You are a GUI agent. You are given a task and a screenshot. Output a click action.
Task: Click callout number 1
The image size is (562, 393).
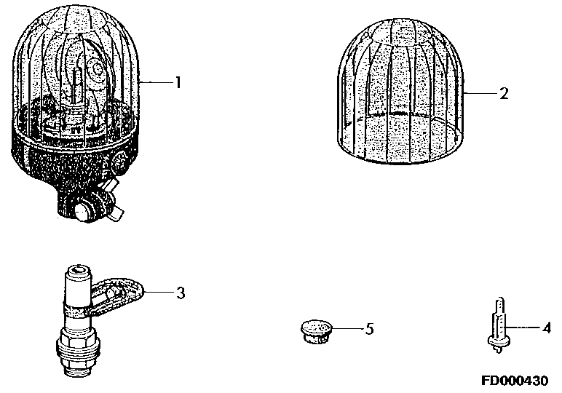(178, 83)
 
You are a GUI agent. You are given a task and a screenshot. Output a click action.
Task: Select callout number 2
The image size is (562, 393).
(504, 93)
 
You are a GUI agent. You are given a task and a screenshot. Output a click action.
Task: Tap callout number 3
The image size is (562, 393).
(181, 293)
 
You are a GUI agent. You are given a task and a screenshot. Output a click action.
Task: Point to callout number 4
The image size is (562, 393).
(546, 327)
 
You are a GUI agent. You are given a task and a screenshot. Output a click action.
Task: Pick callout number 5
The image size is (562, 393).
(369, 328)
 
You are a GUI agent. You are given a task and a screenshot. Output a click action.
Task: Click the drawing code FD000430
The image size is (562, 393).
(515, 380)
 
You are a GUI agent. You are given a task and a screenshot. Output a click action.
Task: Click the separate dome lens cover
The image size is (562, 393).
(400, 92)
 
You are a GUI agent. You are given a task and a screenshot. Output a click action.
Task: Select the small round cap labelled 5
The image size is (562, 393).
(316, 332)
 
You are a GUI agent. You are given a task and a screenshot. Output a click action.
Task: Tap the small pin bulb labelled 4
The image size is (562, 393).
(499, 325)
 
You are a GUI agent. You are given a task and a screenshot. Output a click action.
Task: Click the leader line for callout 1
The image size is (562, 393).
(156, 83)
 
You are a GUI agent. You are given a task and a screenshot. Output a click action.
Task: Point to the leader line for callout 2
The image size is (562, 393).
(480, 93)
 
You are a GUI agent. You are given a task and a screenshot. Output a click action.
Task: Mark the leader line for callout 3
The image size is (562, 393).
(159, 293)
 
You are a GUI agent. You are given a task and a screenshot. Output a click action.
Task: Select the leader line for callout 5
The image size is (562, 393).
(347, 327)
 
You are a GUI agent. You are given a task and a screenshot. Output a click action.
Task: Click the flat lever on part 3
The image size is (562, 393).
(116, 296)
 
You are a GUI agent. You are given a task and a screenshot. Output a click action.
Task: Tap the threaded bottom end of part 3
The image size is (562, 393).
(77, 358)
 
